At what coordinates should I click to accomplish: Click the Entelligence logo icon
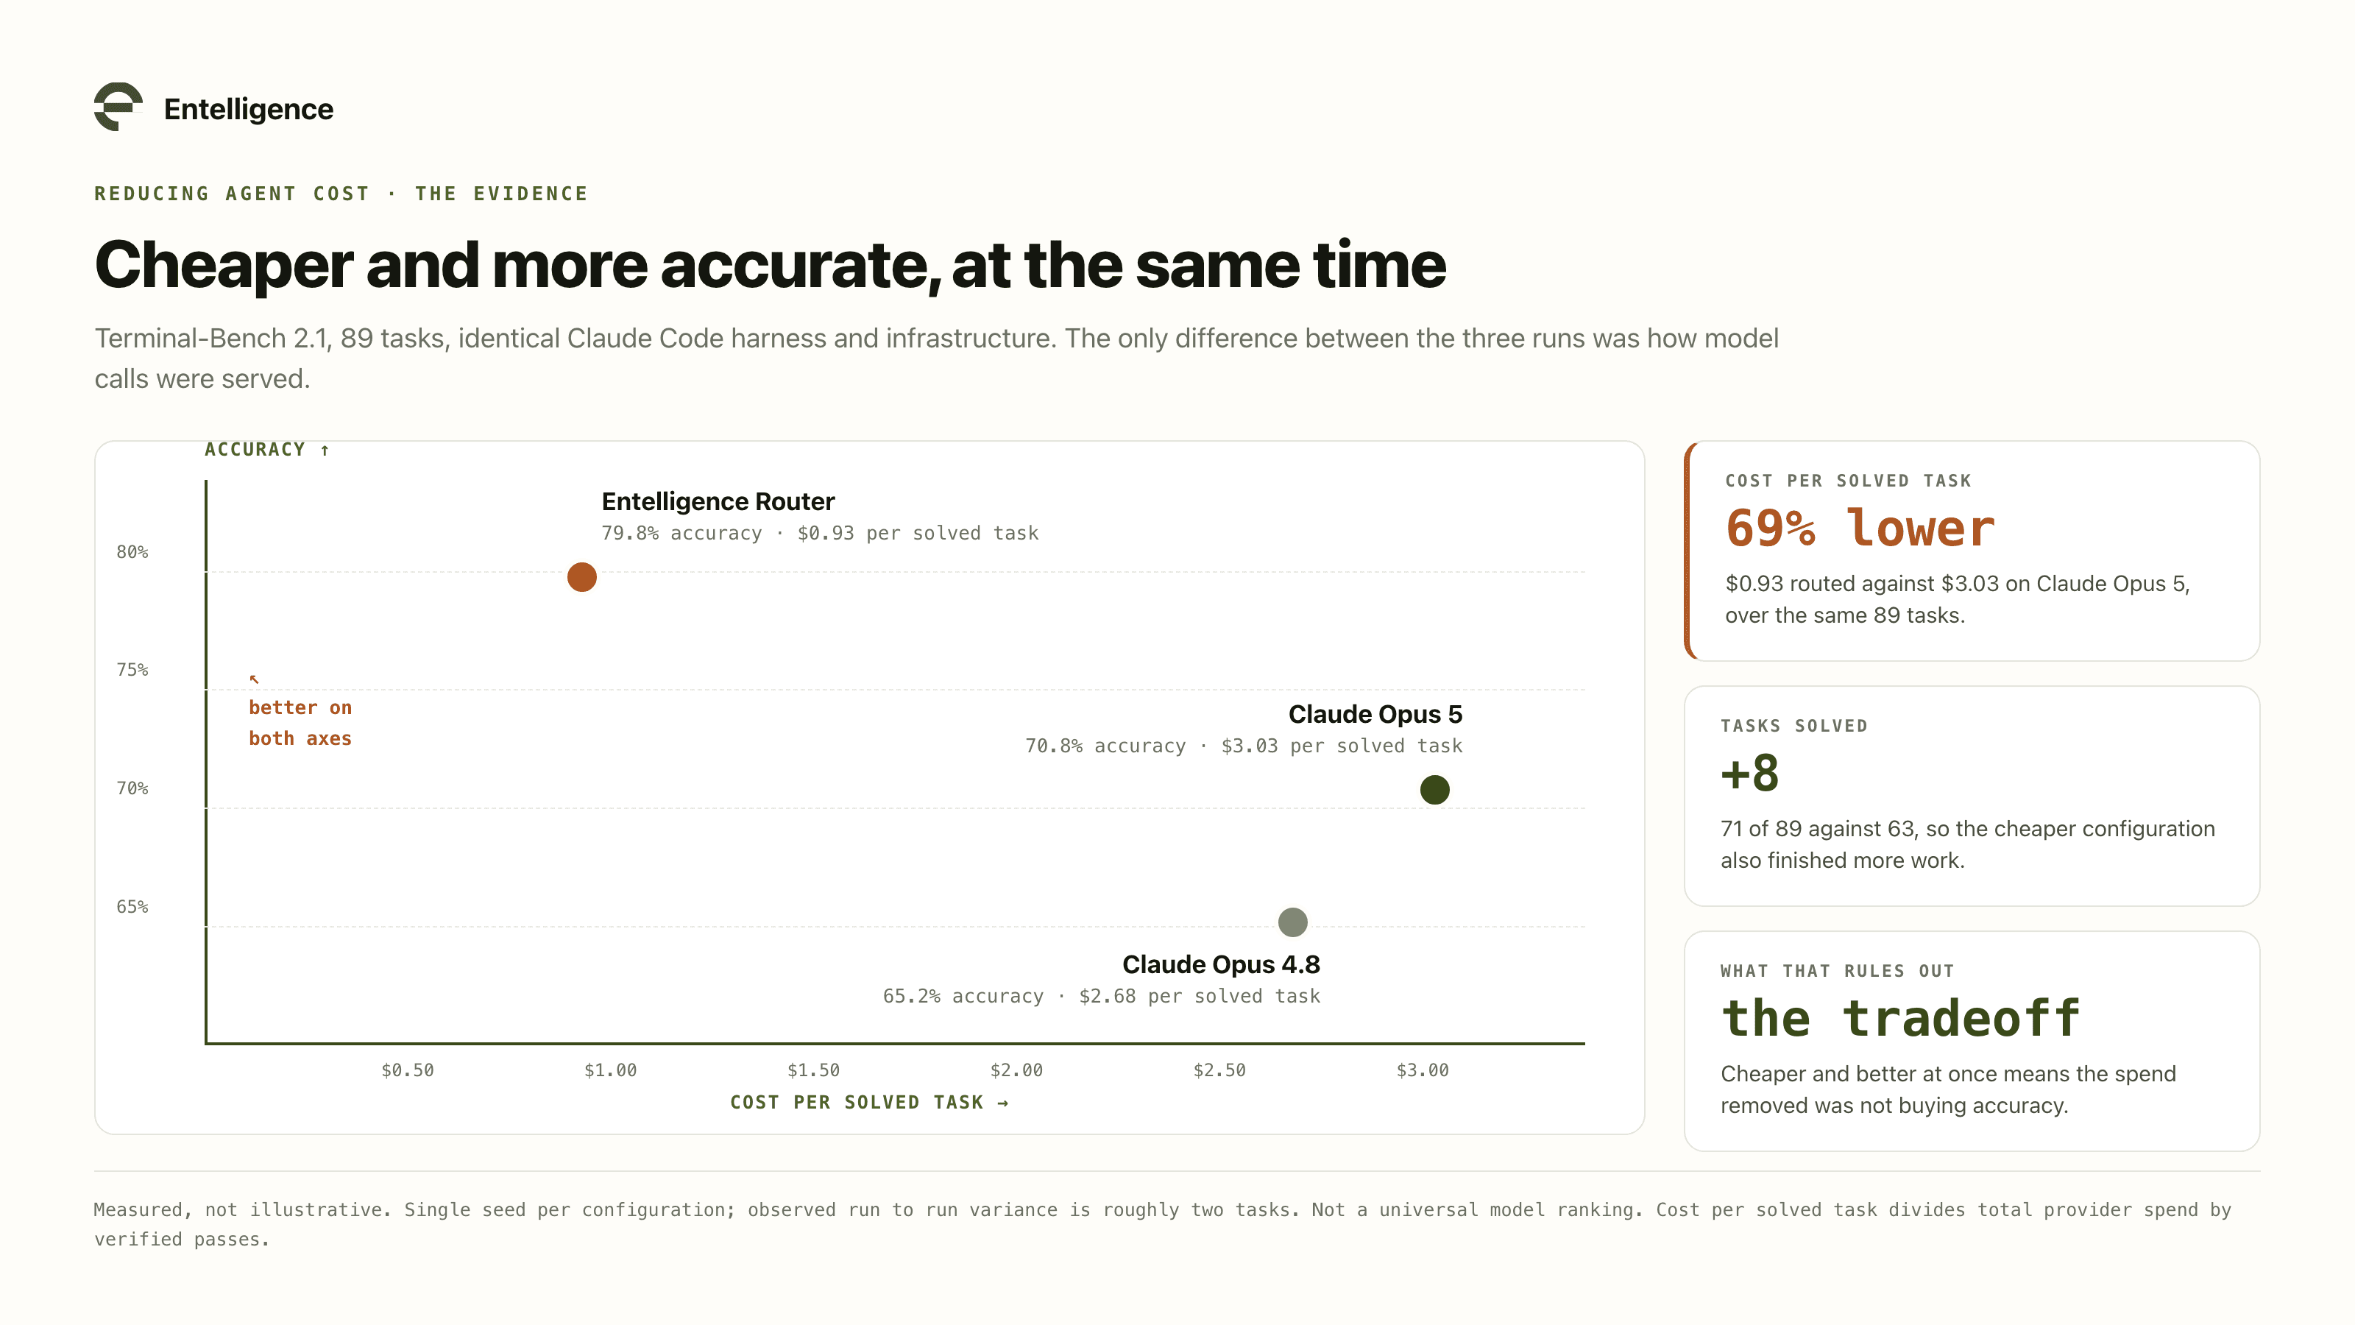(x=118, y=107)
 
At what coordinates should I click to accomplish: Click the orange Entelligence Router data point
(x=581, y=577)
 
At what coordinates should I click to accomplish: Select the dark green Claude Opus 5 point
(x=1434, y=789)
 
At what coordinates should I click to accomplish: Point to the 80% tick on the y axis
(x=132, y=551)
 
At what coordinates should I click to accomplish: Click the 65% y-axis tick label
(x=132, y=906)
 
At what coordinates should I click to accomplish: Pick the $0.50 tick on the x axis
(x=408, y=1070)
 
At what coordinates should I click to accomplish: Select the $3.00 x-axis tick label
(x=1423, y=1070)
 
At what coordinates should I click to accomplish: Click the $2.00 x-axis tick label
(x=1016, y=1070)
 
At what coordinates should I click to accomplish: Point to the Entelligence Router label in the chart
(x=718, y=501)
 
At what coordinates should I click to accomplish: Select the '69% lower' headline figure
(x=1860, y=529)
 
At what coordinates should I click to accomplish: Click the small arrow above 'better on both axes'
(x=254, y=679)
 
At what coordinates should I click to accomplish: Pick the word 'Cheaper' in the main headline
(x=224, y=265)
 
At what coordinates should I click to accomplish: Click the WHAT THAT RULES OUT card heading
(x=1838, y=970)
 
